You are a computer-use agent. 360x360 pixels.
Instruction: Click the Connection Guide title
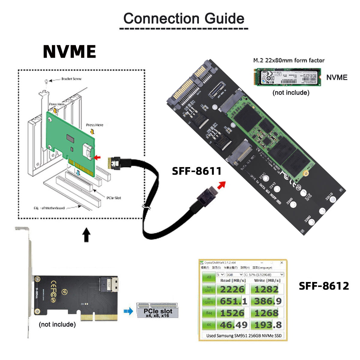click(x=184, y=19)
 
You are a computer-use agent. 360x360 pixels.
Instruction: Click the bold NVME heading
click(x=69, y=52)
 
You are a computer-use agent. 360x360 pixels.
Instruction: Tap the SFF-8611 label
click(x=196, y=171)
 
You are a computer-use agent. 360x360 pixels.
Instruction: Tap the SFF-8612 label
click(x=324, y=286)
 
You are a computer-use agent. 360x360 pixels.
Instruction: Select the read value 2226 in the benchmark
click(x=232, y=289)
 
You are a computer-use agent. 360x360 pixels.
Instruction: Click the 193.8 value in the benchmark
click(x=266, y=325)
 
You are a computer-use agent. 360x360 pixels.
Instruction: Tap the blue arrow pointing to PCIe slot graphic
click(x=128, y=312)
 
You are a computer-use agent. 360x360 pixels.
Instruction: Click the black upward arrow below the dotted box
click(x=86, y=235)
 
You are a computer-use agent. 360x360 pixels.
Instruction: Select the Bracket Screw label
click(x=71, y=79)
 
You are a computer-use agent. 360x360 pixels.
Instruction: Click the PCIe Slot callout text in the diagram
click(x=114, y=198)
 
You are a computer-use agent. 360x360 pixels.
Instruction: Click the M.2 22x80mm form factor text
click(x=289, y=60)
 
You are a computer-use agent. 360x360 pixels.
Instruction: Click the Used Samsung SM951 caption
click(x=244, y=336)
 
